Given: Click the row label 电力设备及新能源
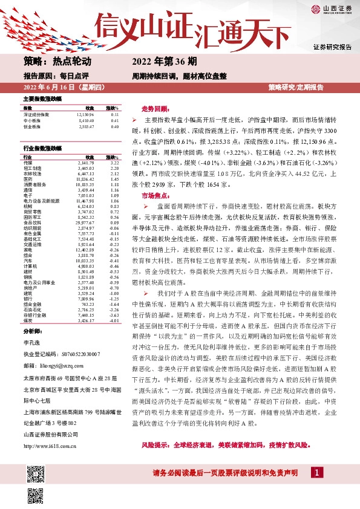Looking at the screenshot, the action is (x=42, y=200).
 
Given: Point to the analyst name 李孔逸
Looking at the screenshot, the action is (x=31, y=342).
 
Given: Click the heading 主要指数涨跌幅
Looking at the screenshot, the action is (x=42, y=99).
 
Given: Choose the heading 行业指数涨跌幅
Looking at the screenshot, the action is (x=42, y=148).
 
